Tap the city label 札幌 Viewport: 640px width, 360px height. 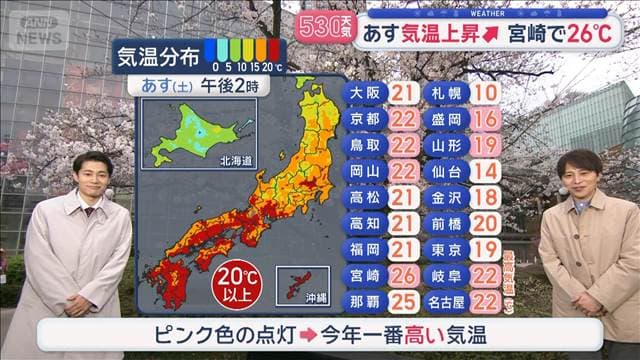click(x=444, y=93)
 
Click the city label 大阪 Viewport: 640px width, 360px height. click(x=363, y=93)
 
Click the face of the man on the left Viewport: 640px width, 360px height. click(x=90, y=177)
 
